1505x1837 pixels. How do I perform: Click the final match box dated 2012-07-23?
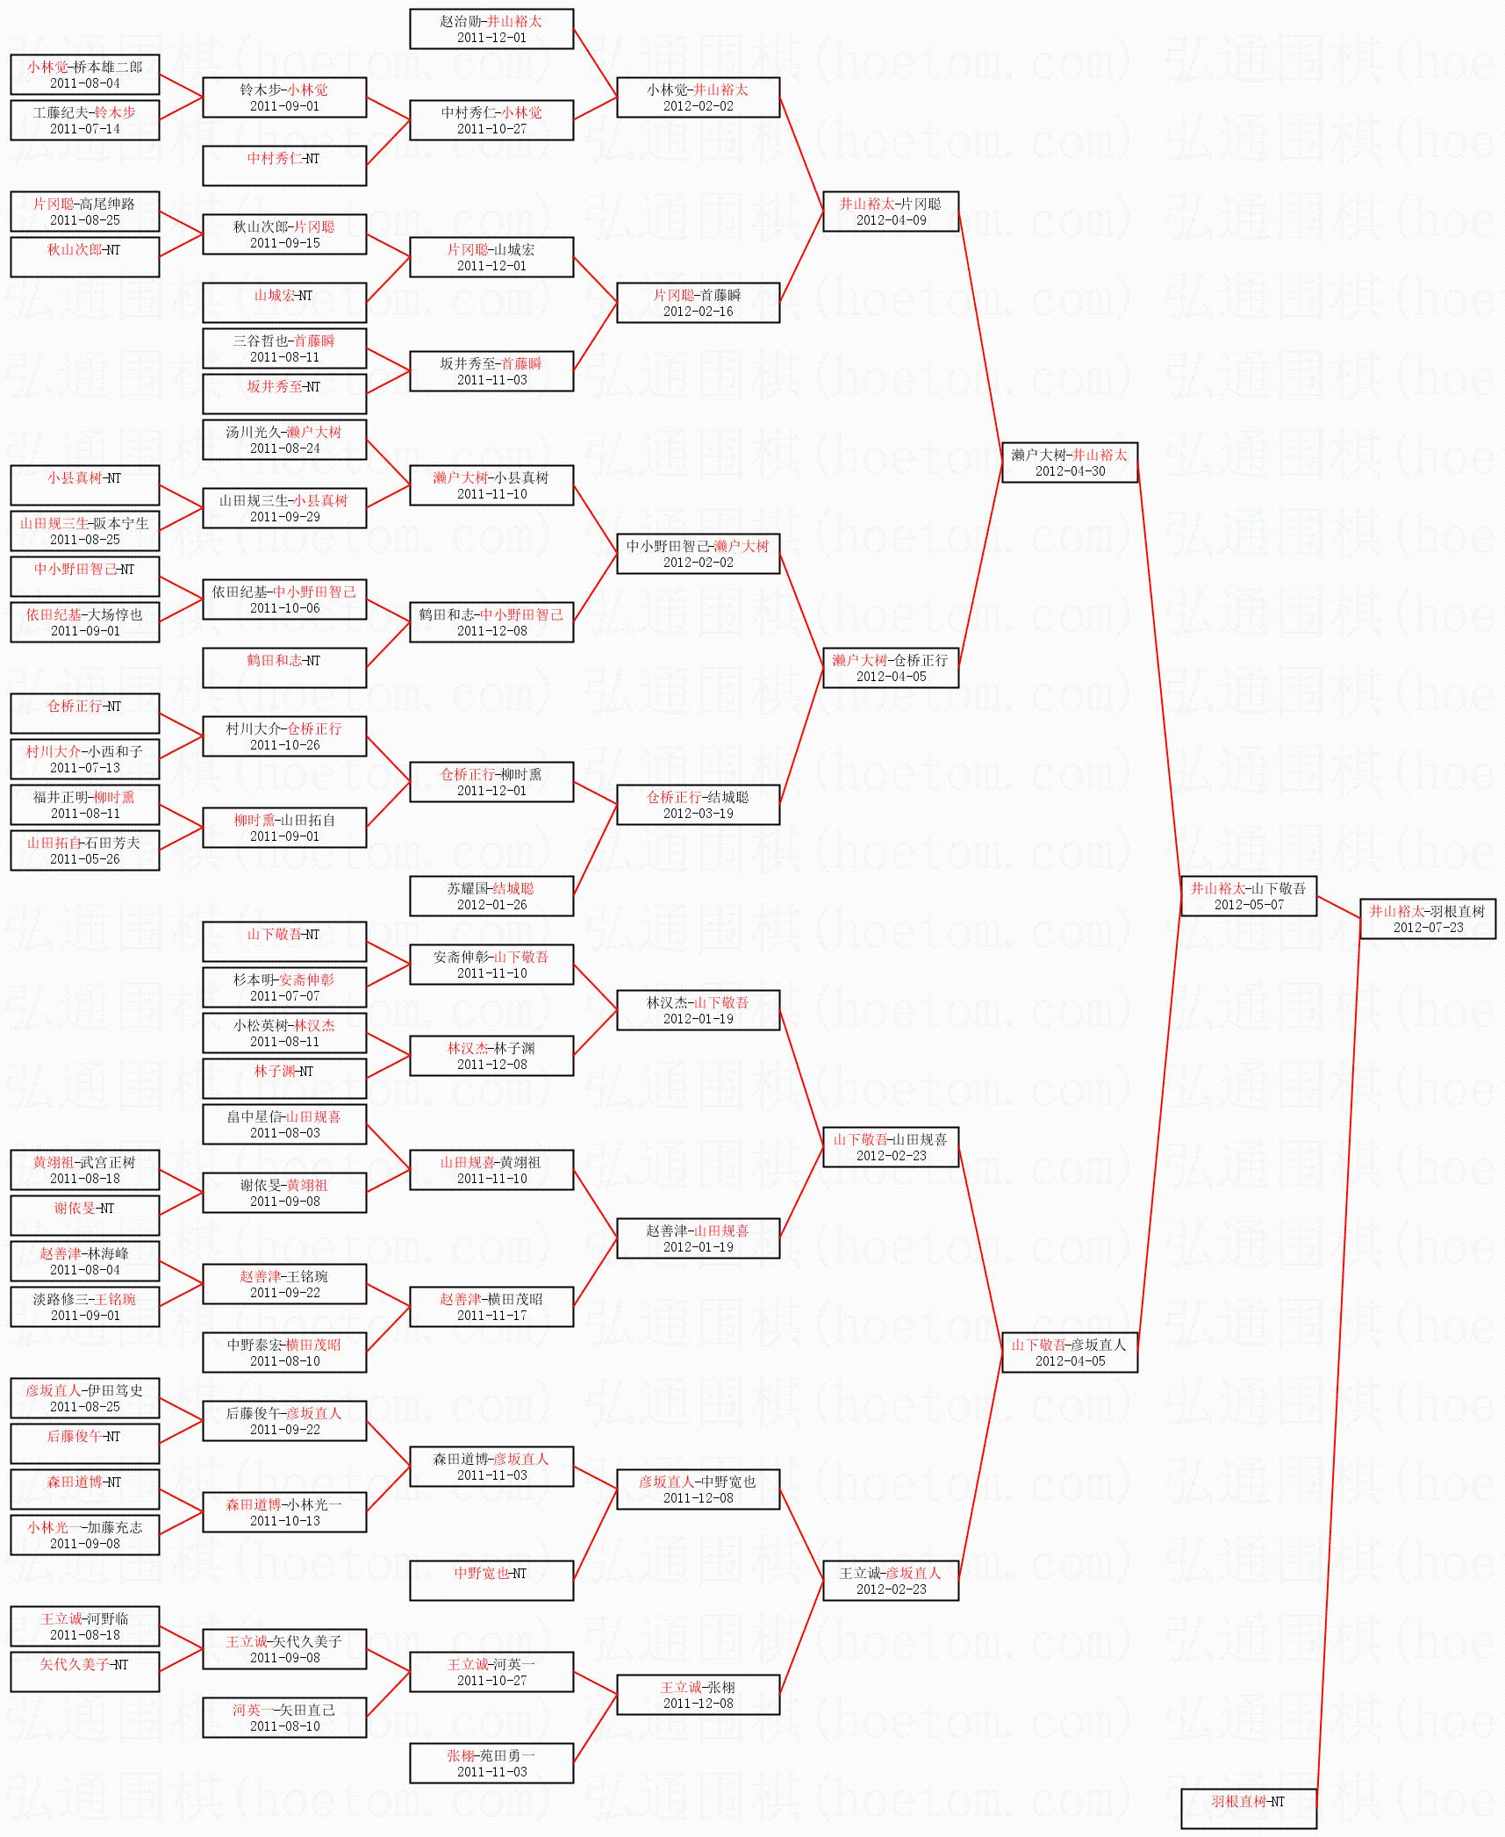point(1428,919)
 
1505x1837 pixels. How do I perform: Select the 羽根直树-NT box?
point(1249,1809)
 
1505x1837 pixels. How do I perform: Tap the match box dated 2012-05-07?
point(1249,896)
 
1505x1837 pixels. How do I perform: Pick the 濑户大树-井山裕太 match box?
point(1070,463)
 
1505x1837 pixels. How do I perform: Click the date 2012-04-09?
point(891,220)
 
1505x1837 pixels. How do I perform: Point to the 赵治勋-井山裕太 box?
point(491,29)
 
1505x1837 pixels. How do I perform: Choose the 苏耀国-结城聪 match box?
point(491,896)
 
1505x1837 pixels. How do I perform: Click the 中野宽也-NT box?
point(491,1581)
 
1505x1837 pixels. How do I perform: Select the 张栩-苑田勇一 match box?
point(491,1763)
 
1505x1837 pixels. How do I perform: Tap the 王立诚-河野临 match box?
point(85,1626)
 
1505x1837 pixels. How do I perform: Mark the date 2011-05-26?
point(85,859)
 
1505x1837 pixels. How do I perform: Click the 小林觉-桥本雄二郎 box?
point(85,75)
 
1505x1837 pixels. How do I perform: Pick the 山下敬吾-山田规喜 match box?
point(891,1147)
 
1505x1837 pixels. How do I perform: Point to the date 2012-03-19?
point(699,814)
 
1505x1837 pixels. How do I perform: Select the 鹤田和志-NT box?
point(284,668)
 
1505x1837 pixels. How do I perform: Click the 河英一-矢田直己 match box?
point(284,1718)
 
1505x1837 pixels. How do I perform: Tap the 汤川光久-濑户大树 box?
point(284,440)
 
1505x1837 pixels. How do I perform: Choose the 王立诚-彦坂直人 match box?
point(891,1581)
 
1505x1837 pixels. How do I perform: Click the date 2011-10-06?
point(284,608)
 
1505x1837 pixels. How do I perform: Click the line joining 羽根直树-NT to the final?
point(1338,1364)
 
